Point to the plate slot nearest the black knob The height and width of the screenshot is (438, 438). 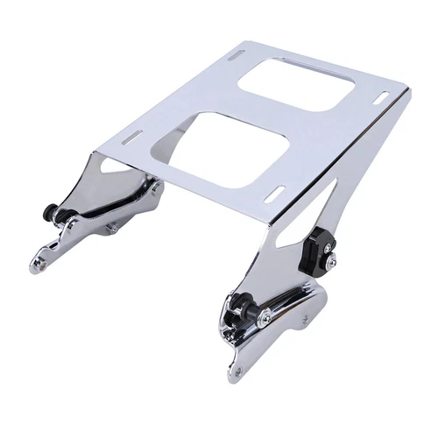point(275,192)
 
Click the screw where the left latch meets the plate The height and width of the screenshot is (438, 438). point(155,186)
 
